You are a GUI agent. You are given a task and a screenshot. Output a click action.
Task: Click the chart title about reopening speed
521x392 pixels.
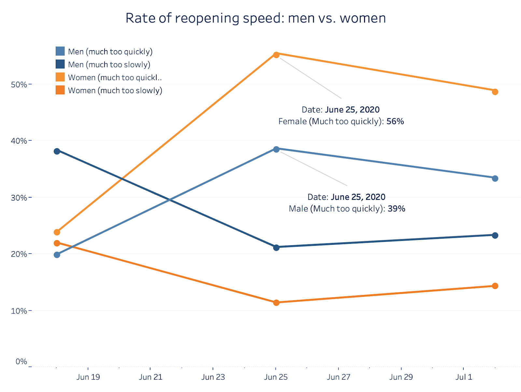coord(256,18)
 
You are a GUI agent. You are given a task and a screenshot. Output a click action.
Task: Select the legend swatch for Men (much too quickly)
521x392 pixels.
coord(60,51)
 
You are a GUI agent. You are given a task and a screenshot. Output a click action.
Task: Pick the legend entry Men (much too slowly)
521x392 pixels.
coord(109,64)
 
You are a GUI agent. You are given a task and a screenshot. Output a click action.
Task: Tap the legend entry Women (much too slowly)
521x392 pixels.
coord(115,91)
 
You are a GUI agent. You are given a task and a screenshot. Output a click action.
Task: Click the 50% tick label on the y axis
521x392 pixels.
coord(19,85)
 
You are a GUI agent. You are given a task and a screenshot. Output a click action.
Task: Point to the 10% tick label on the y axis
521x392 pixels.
coord(19,311)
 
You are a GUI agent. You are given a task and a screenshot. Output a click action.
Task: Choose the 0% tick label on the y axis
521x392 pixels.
coord(21,362)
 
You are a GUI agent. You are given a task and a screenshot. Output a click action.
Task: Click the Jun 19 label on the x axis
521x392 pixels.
coord(88,377)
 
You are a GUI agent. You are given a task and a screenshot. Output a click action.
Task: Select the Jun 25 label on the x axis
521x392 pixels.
coord(276,377)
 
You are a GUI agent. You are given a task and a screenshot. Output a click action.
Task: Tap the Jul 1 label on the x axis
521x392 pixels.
coord(464,377)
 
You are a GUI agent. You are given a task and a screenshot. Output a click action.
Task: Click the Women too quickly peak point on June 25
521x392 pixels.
coord(276,55)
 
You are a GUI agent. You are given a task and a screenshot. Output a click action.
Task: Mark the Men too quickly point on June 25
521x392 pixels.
coord(276,149)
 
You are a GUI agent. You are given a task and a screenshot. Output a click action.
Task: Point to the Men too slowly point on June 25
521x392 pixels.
coord(276,247)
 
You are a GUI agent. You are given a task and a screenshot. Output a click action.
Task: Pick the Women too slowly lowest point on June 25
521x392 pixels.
coord(276,302)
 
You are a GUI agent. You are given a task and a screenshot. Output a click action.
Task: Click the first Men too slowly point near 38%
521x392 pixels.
coord(57,151)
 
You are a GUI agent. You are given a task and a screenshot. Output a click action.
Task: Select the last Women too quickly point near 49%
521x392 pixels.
coord(495,92)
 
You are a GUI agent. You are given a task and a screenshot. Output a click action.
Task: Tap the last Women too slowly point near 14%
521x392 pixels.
coord(495,286)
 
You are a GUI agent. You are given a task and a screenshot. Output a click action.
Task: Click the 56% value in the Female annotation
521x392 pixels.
coord(395,121)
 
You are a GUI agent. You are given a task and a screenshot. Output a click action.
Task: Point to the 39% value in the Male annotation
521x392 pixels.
coord(396,209)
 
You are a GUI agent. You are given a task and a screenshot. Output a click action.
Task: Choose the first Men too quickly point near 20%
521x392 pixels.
coord(57,255)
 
